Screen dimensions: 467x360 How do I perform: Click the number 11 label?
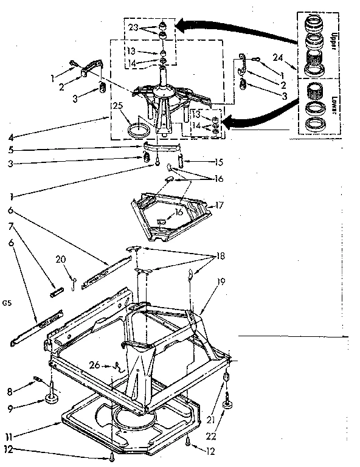8,435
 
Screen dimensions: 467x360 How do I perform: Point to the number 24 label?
278,59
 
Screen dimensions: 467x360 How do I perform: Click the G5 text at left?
7,302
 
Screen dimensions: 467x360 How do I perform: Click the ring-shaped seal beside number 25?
140,130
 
